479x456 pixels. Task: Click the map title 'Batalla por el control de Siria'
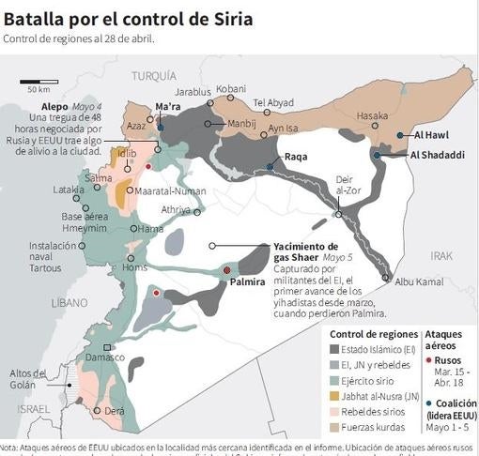[128, 17]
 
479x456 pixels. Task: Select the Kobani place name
[230, 89]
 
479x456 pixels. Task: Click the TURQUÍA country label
[153, 75]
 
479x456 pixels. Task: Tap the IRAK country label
[441, 255]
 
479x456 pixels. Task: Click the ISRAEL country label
[34, 409]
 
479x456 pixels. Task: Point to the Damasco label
[105, 357]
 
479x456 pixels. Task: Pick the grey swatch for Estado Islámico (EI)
[335, 348]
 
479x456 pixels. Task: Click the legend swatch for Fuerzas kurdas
[335, 427]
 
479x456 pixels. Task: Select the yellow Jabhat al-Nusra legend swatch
[335, 395]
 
